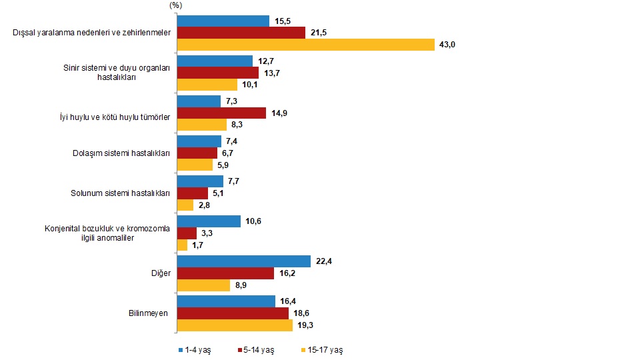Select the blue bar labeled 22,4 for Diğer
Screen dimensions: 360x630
[x=243, y=261]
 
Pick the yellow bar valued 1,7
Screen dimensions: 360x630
[x=182, y=245]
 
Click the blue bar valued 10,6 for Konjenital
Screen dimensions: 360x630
[x=208, y=221]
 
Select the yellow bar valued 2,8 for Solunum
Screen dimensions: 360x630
[x=185, y=205]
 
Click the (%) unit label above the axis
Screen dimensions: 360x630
[x=176, y=5]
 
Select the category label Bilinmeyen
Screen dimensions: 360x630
[x=148, y=313]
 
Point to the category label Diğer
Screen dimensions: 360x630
[x=161, y=273]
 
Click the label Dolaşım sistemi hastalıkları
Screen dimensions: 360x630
[x=121, y=153]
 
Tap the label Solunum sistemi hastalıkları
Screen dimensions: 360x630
[x=120, y=193]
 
